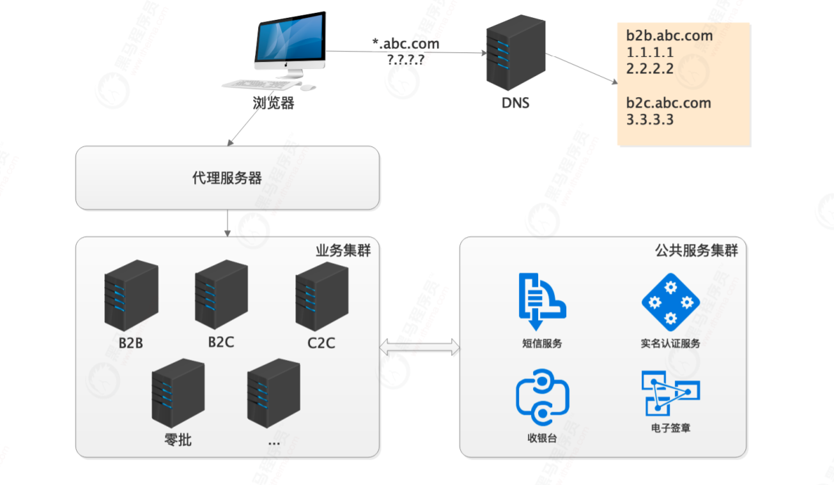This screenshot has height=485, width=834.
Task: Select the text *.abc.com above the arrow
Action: click(406, 43)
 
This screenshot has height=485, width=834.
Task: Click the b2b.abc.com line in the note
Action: click(669, 36)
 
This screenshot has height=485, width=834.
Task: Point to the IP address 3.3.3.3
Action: click(650, 119)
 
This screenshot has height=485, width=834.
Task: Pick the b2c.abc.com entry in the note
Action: click(668, 103)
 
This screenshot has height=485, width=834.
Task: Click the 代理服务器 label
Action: click(227, 178)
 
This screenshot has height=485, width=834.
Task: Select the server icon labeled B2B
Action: click(130, 295)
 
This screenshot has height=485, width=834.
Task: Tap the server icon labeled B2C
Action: click(221, 295)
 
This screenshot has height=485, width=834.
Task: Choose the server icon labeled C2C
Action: click(321, 296)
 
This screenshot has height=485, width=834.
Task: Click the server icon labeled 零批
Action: click(178, 393)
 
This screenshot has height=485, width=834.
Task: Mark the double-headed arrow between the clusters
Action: click(419, 348)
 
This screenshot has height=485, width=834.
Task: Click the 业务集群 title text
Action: click(343, 250)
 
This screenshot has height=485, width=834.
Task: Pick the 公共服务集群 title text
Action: click(697, 250)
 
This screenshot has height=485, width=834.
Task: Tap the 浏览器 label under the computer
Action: click(274, 104)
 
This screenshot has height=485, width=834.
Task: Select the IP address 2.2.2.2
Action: click(650, 69)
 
